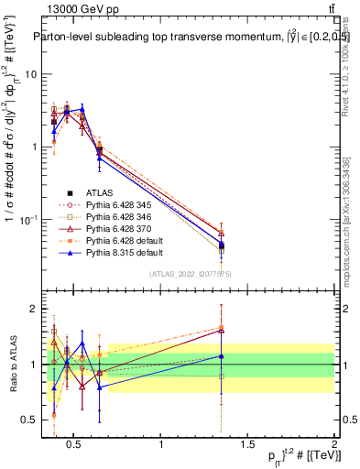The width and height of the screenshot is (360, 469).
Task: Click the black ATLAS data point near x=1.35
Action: click(222, 245)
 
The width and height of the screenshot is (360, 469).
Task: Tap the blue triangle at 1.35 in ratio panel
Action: click(222, 356)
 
